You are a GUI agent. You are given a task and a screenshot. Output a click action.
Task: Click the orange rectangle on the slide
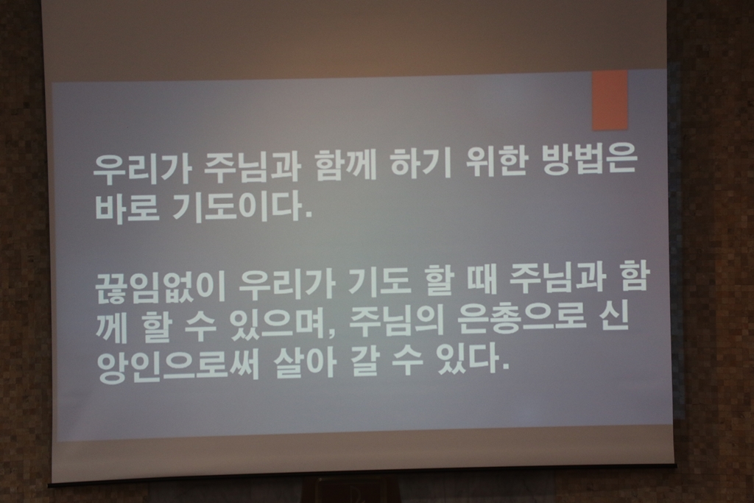[610, 100]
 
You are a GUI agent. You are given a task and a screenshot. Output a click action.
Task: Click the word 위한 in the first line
[498, 164]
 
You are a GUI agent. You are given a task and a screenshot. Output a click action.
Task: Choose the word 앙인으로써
[178, 367]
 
